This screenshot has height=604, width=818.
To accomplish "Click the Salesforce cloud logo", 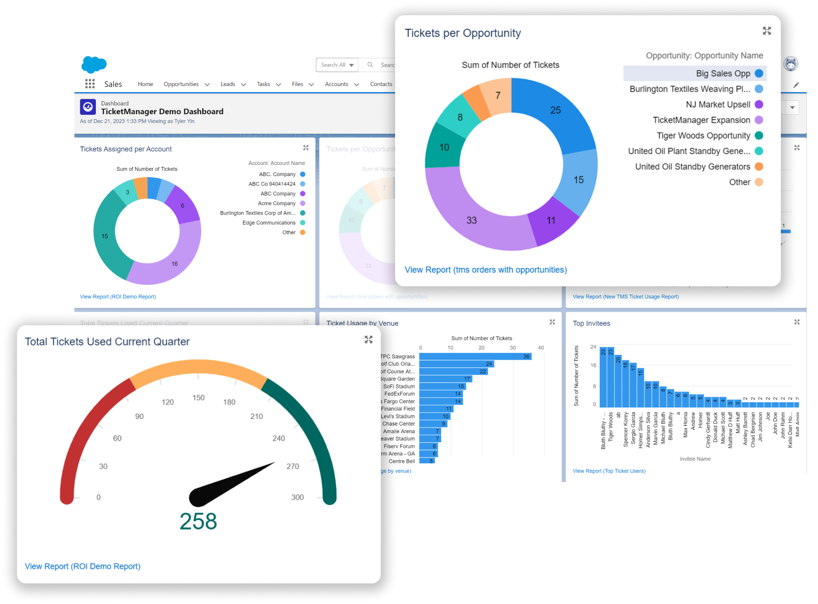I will tap(94, 65).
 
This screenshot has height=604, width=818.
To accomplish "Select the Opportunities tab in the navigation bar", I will tap(181, 84).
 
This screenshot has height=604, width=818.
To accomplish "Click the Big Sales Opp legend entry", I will tap(723, 73).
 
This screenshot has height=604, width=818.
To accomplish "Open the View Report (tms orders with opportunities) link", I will tap(486, 270).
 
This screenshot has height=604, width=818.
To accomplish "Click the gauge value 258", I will tap(198, 521).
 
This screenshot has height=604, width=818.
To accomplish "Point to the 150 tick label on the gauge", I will tap(198, 398).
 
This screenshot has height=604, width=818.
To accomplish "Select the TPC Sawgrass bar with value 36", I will tap(475, 357).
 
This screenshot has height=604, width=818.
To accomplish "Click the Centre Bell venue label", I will tap(401, 461).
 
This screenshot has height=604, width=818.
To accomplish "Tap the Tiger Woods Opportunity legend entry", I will tap(703, 136).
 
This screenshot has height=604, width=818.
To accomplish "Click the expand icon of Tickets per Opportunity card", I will tap(767, 31).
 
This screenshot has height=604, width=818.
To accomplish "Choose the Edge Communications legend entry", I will tap(269, 223).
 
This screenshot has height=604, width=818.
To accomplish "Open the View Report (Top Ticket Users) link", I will tap(609, 471).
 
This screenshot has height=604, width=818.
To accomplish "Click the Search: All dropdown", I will tap(337, 65).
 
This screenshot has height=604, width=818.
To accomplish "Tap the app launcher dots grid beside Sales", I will tap(90, 84).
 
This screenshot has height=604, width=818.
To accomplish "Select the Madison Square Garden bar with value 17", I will tap(445, 379).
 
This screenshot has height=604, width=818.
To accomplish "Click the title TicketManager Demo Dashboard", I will tap(162, 112).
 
